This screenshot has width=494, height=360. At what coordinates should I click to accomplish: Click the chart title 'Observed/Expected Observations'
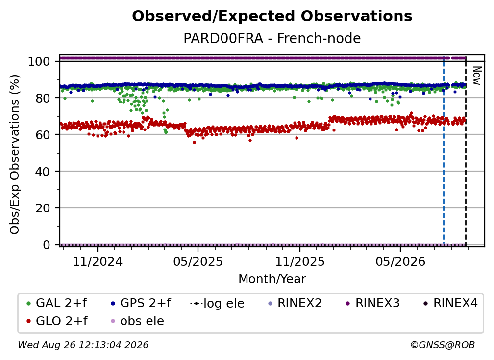[272, 16]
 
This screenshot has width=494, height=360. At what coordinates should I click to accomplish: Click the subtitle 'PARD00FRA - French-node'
[272, 39]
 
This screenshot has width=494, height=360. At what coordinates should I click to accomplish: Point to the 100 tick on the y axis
[39, 61]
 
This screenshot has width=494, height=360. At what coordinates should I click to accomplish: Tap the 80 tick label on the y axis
[43, 98]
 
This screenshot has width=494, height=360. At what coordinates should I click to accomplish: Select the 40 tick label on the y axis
[43, 172]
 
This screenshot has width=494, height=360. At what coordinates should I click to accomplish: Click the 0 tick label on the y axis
[46, 245]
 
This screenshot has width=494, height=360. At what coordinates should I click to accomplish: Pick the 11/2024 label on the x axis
[98, 261]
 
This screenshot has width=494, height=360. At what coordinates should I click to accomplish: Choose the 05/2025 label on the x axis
[198, 261]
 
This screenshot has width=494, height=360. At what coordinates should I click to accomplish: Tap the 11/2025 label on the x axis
[300, 261]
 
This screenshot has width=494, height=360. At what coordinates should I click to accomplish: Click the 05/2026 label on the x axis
[400, 261]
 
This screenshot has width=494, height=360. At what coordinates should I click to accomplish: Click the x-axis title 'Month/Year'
[272, 279]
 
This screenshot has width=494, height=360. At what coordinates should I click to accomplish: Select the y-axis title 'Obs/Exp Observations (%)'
[15, 154]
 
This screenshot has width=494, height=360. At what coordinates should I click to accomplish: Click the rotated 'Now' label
[477, 76]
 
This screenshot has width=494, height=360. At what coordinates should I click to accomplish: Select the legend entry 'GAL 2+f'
[57, 303]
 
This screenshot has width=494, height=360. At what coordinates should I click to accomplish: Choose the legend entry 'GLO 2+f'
[57, 321]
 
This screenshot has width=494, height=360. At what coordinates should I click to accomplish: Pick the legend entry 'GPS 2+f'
[141, 303]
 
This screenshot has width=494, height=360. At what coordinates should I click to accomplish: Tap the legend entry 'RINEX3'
[372, 303]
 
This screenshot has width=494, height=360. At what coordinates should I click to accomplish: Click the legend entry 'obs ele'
[136, 321]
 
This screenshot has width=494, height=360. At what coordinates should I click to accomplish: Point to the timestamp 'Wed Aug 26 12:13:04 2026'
[83, 345]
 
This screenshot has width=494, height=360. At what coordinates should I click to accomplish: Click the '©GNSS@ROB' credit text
[443, 345]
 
